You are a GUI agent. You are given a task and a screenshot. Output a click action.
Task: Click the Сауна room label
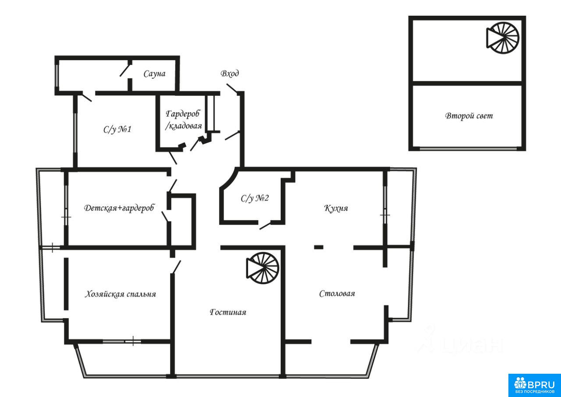pyautogui.click(x=154, y=74)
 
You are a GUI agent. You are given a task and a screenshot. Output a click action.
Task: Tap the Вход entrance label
pyautogui.click(x=229, y=73)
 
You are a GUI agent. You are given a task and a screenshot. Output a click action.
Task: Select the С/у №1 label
pyautogui.click(x=117, y=129)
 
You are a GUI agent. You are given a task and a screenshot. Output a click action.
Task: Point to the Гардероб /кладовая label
pyautogui.click(x=183, y=120)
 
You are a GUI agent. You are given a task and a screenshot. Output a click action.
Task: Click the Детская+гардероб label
pyautogui.click(x=119, y=208)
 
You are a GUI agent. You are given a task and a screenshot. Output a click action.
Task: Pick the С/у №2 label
pyautogui.click(x=255, y=198)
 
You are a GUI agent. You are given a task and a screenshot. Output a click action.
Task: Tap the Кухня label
pyautogui.click(x=336, y=208)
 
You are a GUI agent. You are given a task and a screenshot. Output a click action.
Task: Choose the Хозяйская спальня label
pyautogui.click(x=120, y=294)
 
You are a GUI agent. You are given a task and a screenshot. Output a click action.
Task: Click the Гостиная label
pyautogui.click(x=228, y=312)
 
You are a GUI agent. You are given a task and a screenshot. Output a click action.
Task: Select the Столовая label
pyautogui.click(x=337, y=293)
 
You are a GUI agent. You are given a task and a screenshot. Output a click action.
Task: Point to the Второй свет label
pyautogui.click(x=469, y=116)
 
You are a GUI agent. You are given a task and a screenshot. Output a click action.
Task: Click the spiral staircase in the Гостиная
pyautogui.click(x=263, y=268)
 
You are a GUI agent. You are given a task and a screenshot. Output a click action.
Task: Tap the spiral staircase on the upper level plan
pyautogui.click(x=503, y=38)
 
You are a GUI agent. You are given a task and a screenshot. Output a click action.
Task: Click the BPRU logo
pyautogui.click(x=534, y=385)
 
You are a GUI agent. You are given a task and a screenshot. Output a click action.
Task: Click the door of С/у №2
pyautogui.click(x=265, y=225)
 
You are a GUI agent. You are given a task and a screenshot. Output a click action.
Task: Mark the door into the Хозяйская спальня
pyautogui.click(x=176, y=267)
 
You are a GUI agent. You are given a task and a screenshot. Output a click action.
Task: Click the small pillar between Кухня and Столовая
pyautogui.click(x=319, y=247)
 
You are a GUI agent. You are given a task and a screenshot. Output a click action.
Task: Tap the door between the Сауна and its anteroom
pyautogui.click(x=125, y=70)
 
